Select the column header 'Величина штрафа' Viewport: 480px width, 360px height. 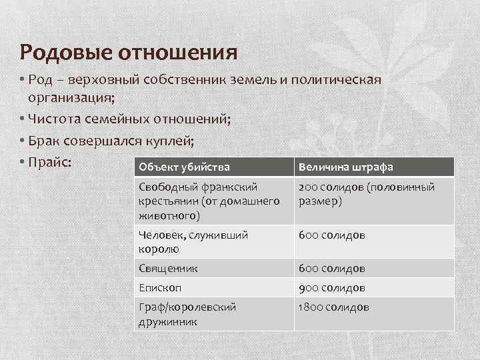click(346, 166)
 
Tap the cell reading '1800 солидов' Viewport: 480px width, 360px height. click(334, 307)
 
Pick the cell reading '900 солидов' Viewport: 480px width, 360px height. click(332, 288)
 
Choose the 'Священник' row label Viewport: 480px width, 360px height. click(167, 269)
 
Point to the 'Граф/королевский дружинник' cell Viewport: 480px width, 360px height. click(187, 314)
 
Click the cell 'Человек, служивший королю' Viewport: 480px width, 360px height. click(193, 241)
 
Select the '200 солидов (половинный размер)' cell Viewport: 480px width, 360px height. click(367, 194)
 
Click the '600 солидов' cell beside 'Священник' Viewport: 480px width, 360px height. click(332, 269)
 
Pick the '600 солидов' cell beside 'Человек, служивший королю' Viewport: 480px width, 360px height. click(332, 235)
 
